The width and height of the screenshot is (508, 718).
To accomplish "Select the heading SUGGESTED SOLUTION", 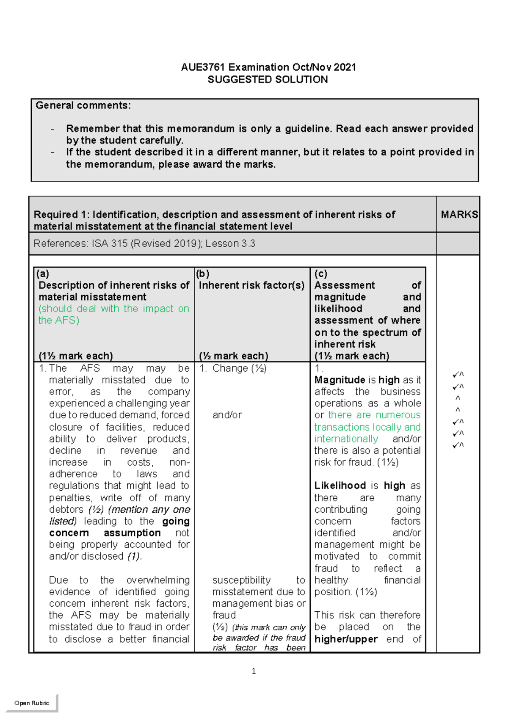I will [x=268, y=80].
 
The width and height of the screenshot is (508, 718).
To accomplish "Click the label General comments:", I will [x=83, y=106].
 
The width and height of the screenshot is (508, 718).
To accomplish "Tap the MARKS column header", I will [x=459, y=215].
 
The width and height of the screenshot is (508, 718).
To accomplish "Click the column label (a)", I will [x=43, y=273].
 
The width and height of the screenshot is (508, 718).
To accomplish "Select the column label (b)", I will [x=202, y=273].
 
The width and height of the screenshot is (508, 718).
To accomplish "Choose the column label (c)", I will [x=320, y=273].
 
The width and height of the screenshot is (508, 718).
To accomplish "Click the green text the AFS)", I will [x=59, y=320].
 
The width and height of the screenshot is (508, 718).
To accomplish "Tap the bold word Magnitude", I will [x=340, y=380].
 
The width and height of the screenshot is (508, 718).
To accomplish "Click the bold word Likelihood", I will [x=340, y=486].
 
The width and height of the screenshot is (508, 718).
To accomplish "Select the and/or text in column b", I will [x=227, y=415].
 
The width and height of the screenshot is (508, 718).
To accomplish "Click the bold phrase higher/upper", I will [x=346, y=639].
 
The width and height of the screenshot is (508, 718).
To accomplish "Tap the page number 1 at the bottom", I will [x=254, y=671].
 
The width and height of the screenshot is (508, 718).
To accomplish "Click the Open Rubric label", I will [x=32, y=703].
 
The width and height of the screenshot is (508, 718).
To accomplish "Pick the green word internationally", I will [x=346, y=439].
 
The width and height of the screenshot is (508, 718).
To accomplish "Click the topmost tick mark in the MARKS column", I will [x=458, y=375].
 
